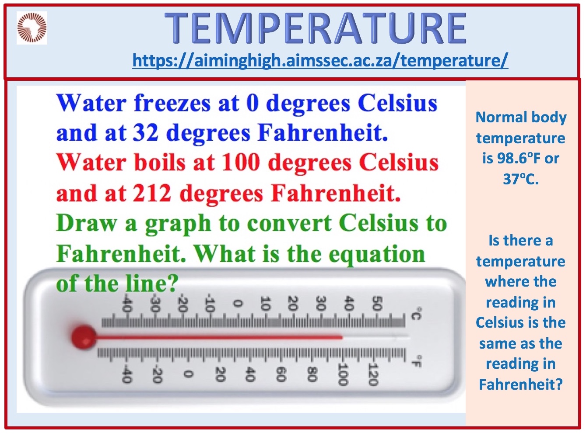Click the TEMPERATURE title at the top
click(x=316, y=28)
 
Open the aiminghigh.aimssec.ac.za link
click(x=320, y=60)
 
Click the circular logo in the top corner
click(x=32, y=28)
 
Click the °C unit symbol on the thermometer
click(x=416, y=314)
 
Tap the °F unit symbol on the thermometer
click(x=416, y=361)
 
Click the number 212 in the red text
click(x=152, y=193)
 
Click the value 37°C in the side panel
click(x=521, y=179)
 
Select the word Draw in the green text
click(x=86, y=223)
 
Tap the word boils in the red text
click(x=159, y=163)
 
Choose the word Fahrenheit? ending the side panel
click(x=521, y=384)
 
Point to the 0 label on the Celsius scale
click(x=237, y=303)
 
